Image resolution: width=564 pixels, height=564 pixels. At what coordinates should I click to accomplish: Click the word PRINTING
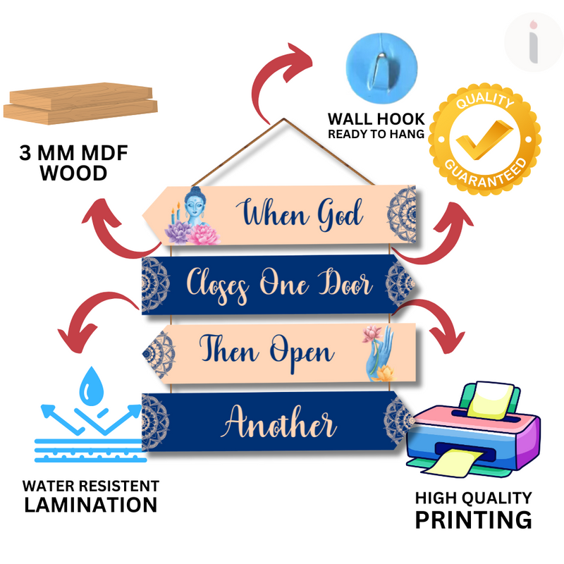click(472, 520)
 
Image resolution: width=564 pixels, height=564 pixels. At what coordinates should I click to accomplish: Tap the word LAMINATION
click(90, 505)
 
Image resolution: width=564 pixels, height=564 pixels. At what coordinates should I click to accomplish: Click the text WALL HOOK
click(376, 118)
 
